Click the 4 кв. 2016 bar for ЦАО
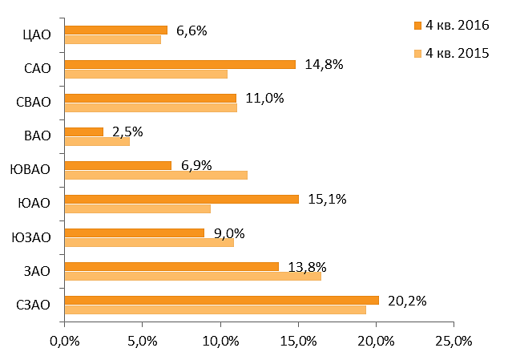[x=116, y=30]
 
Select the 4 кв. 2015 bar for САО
[x=146, y=74]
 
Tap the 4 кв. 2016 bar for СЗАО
[x=222, y=301]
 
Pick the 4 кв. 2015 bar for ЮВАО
[x=156, y=175]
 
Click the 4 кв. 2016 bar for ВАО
[x=84, y=131]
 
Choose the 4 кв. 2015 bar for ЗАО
[x=193, y=277]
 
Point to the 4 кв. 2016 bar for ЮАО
[x=182, y=199]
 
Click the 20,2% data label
[x=407, y=301]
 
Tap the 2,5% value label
[x=127, y=132]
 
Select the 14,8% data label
[x=324, y=64]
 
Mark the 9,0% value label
[x=229, y=233]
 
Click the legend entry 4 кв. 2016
[x=452, y=26]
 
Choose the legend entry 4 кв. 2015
[x=452, y=53]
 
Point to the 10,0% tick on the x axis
[x=220, y=342]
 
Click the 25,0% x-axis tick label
[x=454, y=342]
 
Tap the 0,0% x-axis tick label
[x=65, y=342]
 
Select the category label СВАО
[x=34, y=102]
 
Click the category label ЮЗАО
[x=31, y=237]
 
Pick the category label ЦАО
[x=37, y=34]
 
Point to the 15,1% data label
[x=327, y=199]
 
